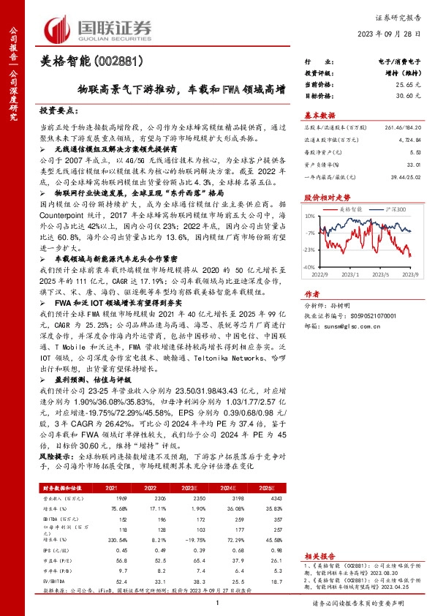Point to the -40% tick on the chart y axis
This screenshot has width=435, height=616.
[311, 268]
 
